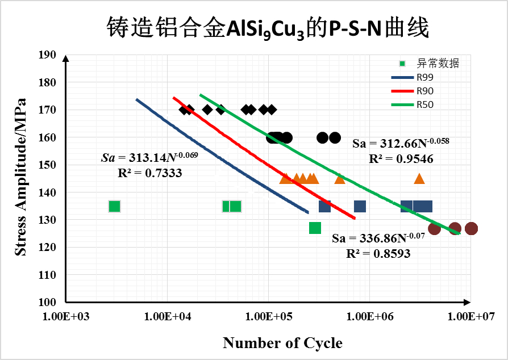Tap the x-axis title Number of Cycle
[x=282, y=343]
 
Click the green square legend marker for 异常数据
[x=402, y=63]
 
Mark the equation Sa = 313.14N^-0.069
[x=149, y=157]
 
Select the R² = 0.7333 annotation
[x=149, y=173]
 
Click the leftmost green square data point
[x=114, y=206]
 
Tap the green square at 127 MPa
[x=315, y=228]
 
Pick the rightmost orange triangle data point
[x=419, y=179]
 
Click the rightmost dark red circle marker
[x=471, y=228]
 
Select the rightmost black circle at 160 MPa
[x=335, y=137]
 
